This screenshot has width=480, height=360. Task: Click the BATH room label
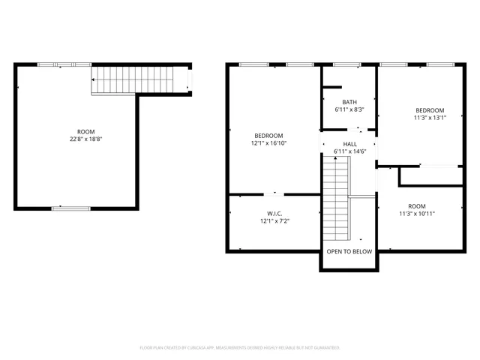349,102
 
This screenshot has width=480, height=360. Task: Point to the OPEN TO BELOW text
349,251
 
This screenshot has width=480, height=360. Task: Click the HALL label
349,143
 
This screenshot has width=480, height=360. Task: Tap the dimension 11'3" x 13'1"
430,117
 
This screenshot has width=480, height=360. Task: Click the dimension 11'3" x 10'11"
416,214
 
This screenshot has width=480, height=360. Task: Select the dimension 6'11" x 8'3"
349,110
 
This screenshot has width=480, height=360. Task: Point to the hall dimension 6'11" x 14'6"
349,151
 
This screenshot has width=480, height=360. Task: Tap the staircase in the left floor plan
139,79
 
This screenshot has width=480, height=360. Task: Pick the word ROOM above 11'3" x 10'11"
416,205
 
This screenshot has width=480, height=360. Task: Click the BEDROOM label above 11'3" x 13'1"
430,109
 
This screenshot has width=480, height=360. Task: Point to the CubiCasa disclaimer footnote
240,348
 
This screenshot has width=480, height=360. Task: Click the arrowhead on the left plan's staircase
93,79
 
